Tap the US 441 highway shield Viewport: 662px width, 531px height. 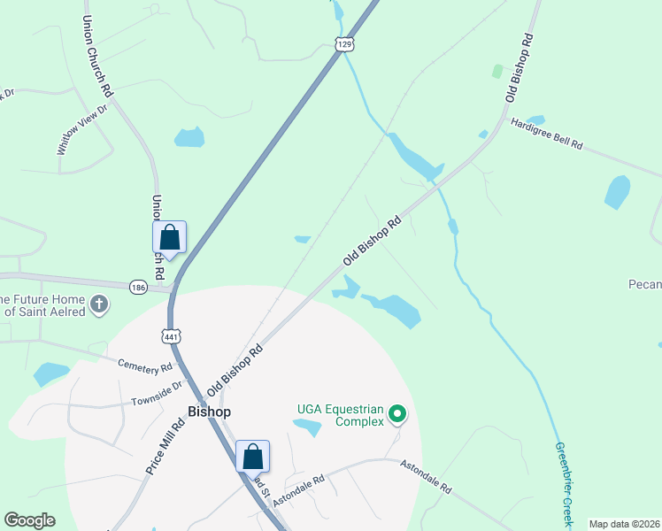(171, 335)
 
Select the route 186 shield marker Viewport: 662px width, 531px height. (137, 288)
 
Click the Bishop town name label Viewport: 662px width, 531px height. (210, 412)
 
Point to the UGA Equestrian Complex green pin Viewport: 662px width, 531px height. (398, 412)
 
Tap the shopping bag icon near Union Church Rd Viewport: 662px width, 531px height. (169, 238)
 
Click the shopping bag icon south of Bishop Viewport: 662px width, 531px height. (252, 457)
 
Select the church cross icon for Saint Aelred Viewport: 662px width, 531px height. (99, 305)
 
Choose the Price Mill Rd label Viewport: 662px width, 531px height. (165, 448)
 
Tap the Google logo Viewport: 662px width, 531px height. (29, 520)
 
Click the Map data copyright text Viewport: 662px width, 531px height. (623, 524)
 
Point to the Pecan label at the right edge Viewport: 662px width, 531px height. (646, 284)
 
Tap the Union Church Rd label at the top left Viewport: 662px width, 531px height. (97, 55)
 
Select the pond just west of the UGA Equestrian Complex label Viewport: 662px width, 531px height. (307, 427)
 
